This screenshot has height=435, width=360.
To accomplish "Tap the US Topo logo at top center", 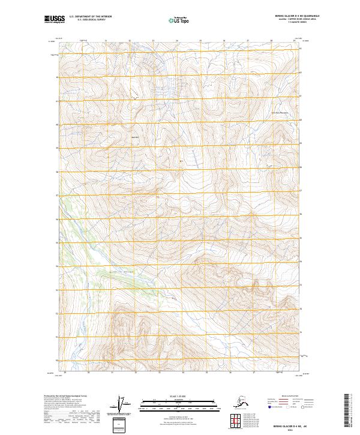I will coord(179,20).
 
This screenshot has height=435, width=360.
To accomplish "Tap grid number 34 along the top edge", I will coord(176,41).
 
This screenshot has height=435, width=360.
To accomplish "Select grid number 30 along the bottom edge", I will coord(89,373).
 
